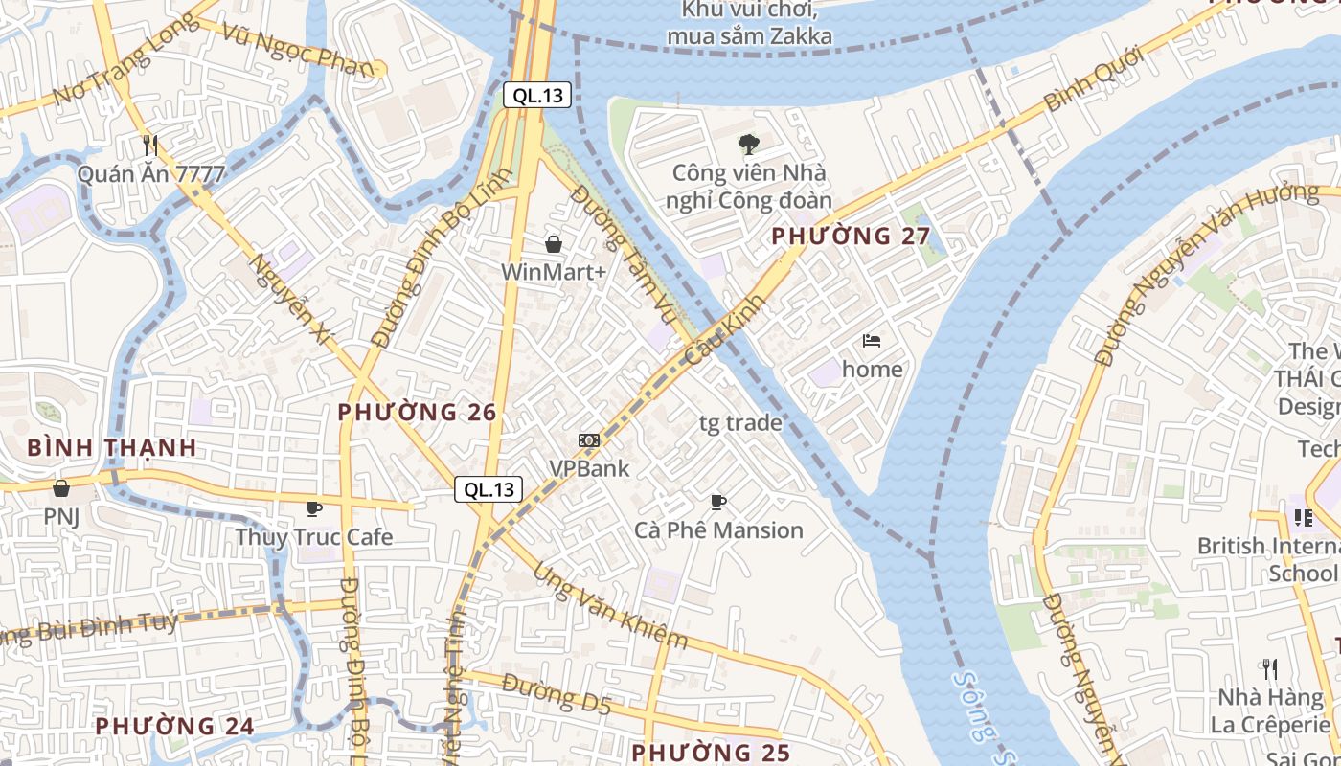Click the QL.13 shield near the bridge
[x=537, y=95]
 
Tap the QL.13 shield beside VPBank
[x=489, y=489]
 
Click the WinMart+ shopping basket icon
[x=553, y=244]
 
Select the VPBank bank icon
[x=588, y=440]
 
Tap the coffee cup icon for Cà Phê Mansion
[x=718, y=502]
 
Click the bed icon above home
[x=872, y=340]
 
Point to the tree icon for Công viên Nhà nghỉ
[x=748, y=145]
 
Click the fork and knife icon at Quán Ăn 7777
[x=150, y=146]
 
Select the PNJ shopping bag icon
[x=61, y=488]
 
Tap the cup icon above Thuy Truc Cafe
[x=313, y=508]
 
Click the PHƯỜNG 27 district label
[x=851, y=236]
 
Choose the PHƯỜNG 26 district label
[x=417, y=413]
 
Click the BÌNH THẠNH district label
[x=111, y=447]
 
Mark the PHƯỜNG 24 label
[x=174, y=726]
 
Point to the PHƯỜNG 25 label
[x=711, y=753]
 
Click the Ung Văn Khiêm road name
[x=610, y=605]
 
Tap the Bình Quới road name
[x=1094, y=79]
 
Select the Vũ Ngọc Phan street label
[x=296, y=48]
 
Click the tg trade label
[x=739, y=423]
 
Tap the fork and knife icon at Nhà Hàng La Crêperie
[x=1270, y=668]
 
